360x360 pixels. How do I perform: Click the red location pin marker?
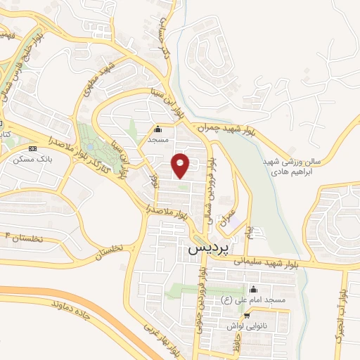click(181, 165)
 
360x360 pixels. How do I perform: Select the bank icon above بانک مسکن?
click(33, 149)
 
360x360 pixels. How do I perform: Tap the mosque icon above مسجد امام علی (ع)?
click(253, 290)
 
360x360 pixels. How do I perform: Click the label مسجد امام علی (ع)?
click(254, 300)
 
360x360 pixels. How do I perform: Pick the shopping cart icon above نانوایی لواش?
click(246, 316)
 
